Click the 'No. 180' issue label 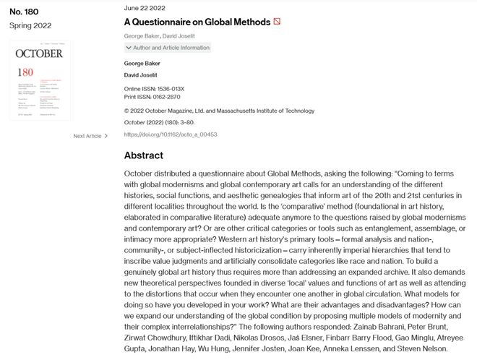click(x=24, y=12)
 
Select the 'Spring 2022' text click(x=30, y=25)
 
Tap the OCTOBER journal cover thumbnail click(x=40, y=80)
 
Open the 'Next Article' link click(x=87, y=136)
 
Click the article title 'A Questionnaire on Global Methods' click(x=197, y=22)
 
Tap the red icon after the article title click(x=276, y=22)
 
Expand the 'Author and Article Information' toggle click(x=167, y=48)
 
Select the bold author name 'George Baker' click(x=142, y=64)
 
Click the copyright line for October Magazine click(x=219, y=111)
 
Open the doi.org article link click(x=171, y=134)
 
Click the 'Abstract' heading click(x=144, y=155)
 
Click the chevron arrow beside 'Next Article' click(x=106, y=136)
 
